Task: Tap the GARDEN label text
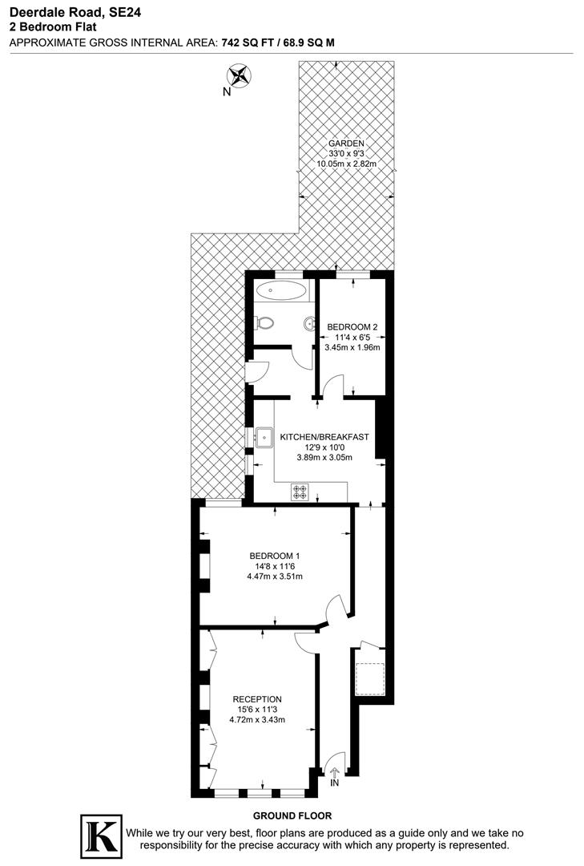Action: tap(346, 143)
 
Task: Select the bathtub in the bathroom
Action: tap(281, 289)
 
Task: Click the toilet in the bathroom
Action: tap(265, 323)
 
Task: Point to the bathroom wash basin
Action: tap(308, 324)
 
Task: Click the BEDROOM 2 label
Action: tap(352, 326)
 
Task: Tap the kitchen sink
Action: tap(264, 438)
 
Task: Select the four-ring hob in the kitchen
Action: tap(300, 492)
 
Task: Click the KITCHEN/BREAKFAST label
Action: tap(324, 437)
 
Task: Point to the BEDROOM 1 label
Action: tap(274, 556)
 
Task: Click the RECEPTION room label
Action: tap(257, 698)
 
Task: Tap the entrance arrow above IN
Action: tap(334, 771)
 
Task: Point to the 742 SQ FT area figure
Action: tap(253, 42)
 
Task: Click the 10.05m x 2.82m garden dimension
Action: tap(347, 164)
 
